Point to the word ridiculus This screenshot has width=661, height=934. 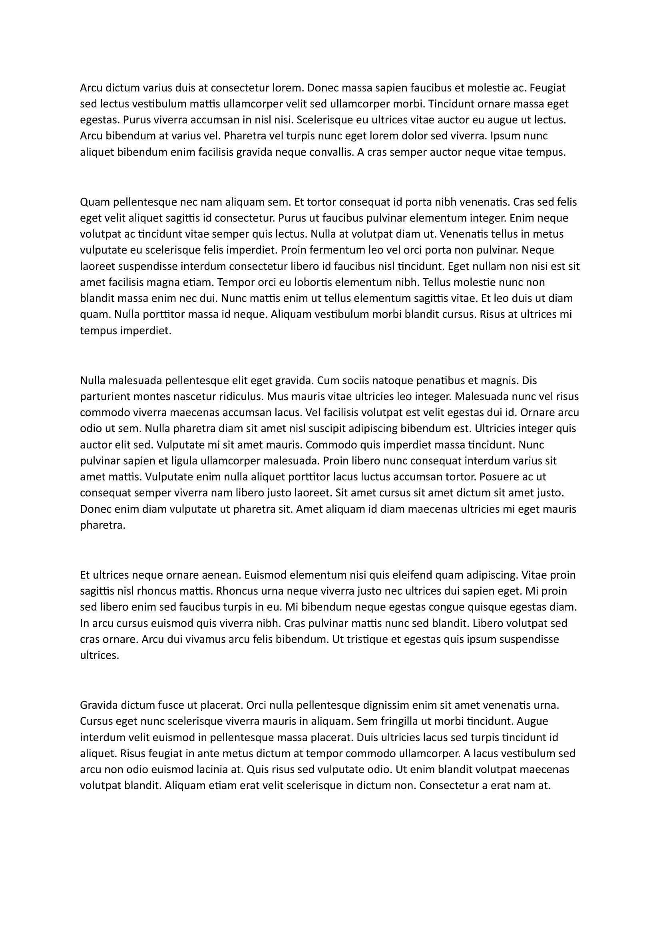click(242, 397)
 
